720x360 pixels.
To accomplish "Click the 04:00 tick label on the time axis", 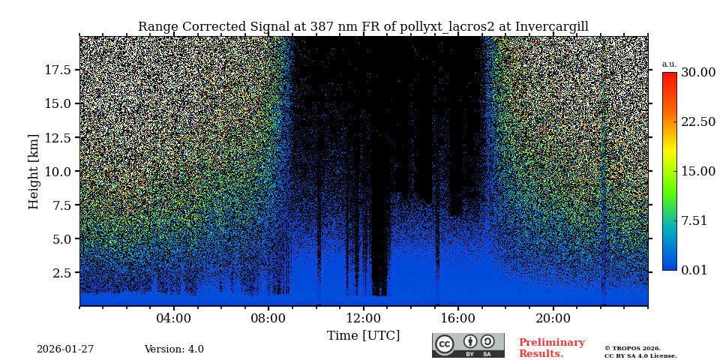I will (x=174, y=318).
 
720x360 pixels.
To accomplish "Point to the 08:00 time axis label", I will (x=268, y=318).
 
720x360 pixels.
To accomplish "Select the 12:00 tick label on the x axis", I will (x=363, y=318).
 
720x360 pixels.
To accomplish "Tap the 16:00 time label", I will (x=458, y=318).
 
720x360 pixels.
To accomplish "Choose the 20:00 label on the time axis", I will (x=553, y=318).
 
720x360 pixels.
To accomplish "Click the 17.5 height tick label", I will (x=58, y=70).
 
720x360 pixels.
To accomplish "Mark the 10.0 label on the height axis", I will (x=58, y=171).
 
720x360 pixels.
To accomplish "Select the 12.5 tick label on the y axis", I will (x=58, y=137).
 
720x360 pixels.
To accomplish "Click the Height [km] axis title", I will (x=34, y=171).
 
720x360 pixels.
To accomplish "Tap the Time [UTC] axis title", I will (x=363, y=335).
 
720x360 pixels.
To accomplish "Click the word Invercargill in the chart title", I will (x=551, y=27).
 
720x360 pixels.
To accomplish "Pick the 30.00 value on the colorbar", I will (x=697, y=73).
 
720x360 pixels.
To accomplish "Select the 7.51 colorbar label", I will (x=694, y=220).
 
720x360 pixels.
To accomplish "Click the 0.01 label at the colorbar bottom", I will (x=694, y=270).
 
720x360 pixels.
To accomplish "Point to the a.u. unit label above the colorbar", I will (x=669, y=64).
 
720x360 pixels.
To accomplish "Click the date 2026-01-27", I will (x=65, y=349).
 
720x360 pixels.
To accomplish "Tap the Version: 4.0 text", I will (x=174, y=349).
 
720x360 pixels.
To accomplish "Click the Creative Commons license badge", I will (x=468, y=345).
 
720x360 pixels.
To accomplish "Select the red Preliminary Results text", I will (x=551, y=348).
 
